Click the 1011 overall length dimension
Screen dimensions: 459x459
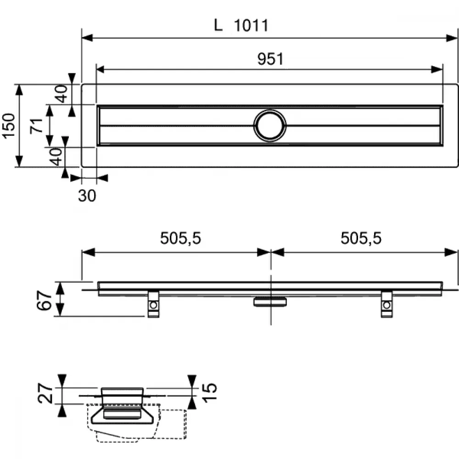pos(251,25)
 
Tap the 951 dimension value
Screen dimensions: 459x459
pos(270,59)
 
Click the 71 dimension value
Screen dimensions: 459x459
pos(37,126)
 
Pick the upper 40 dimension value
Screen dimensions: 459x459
pos(62,94)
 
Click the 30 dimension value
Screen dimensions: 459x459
pos(87,196)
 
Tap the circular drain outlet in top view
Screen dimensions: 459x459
pos(270,126)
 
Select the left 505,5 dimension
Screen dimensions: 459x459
pos(180,238)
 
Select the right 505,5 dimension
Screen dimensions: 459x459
pos(361,238)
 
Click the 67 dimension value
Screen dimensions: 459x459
pos(44,300)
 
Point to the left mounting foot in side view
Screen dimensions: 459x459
pos(153,304)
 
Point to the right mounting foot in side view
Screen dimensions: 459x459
pos(386,304)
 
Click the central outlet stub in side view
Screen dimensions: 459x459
pos(270,302)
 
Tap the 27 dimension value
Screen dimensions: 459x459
pos(45,394)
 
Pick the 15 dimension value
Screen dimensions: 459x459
pos(210,392)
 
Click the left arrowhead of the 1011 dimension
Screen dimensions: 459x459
pos(87,38)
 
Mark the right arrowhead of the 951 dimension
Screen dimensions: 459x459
pos(437,70)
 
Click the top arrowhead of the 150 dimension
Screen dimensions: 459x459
pos(19,90)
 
